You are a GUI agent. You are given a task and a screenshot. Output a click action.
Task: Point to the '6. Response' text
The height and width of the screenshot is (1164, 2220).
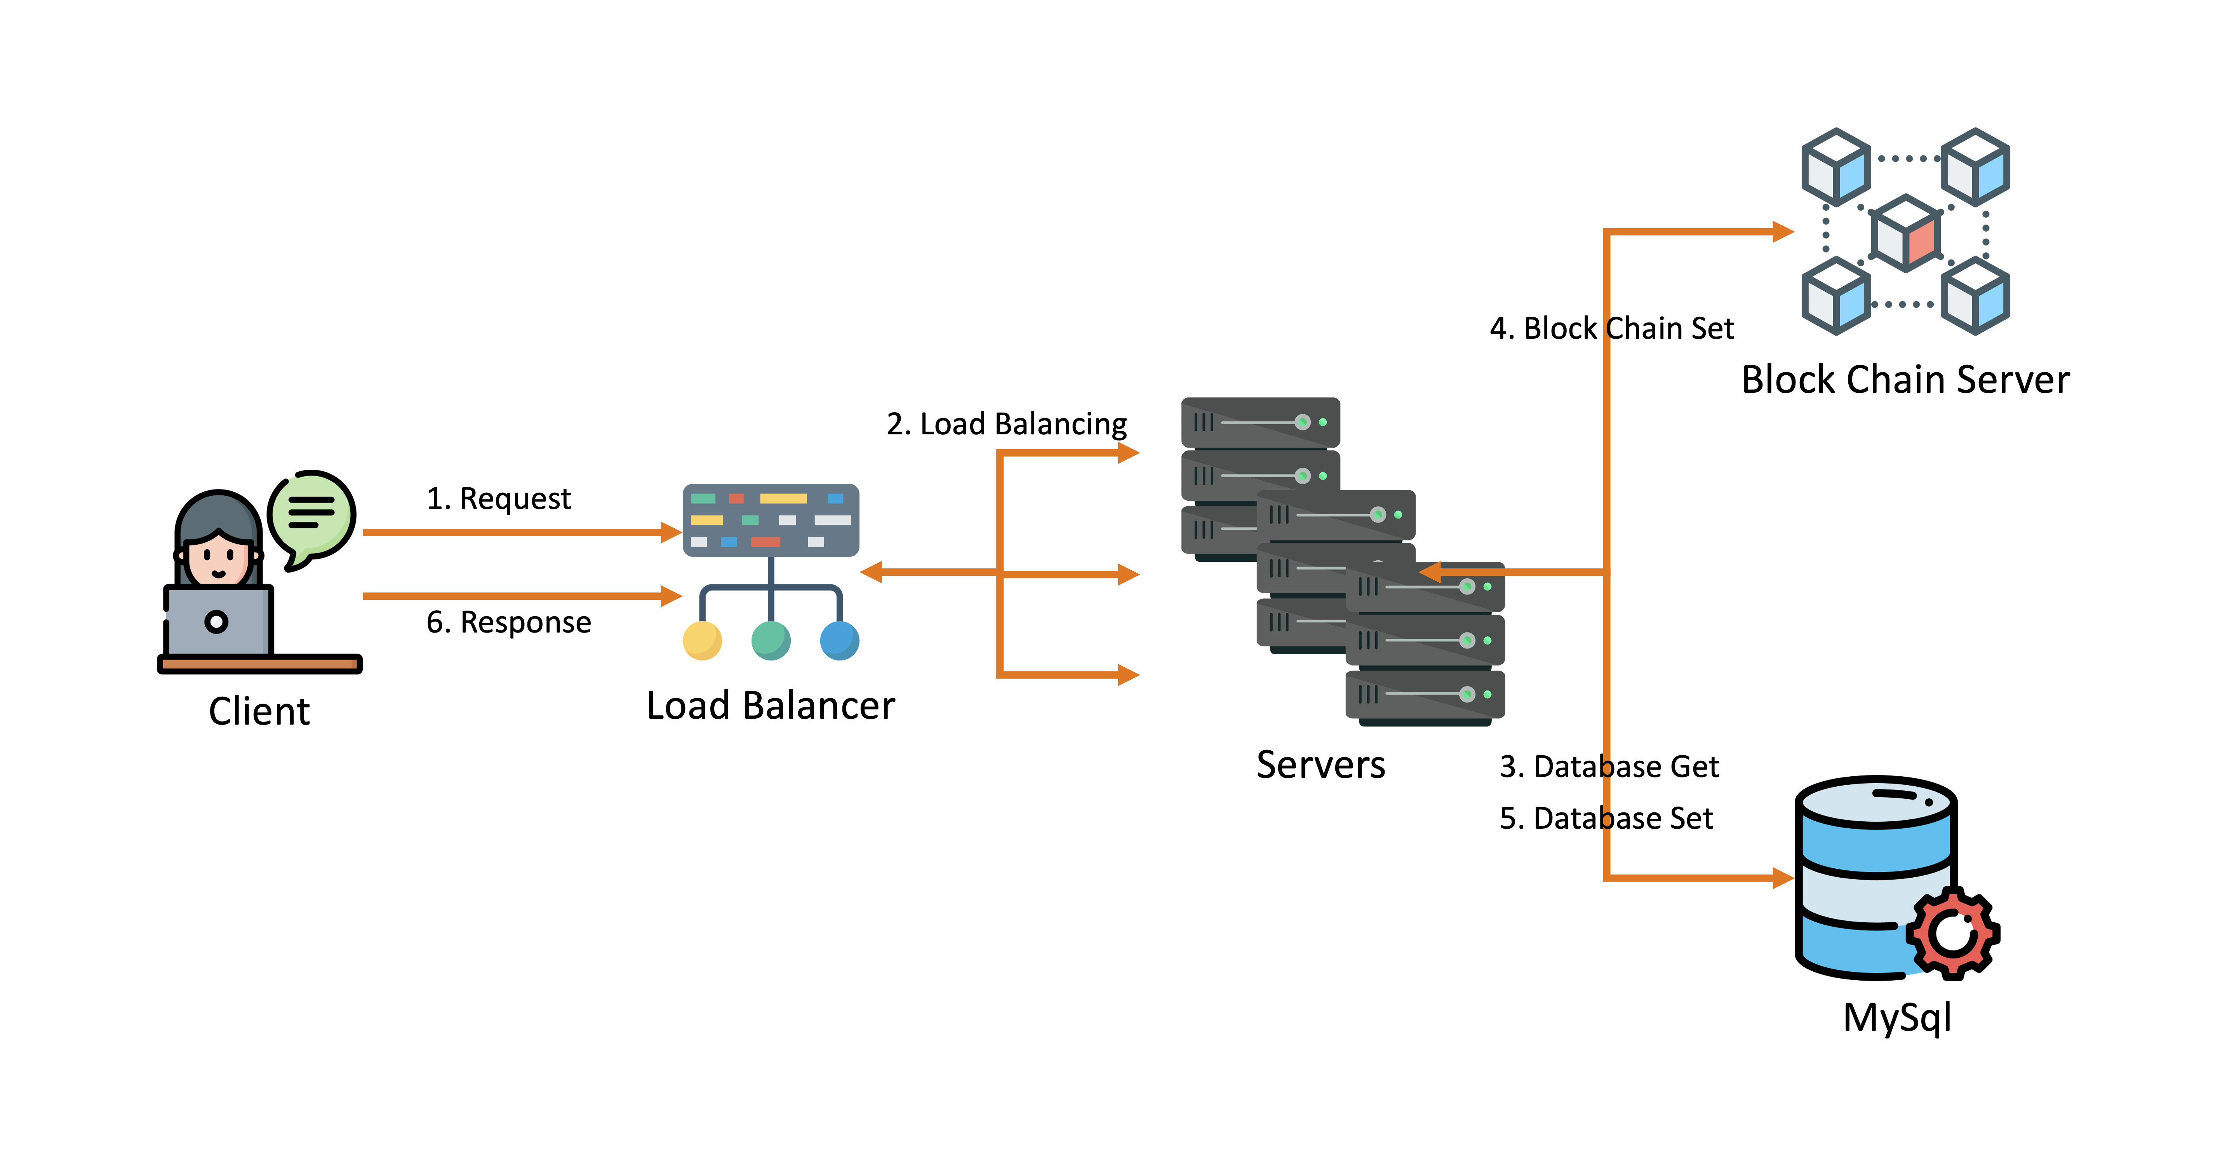pyautogui.click(x=508, y=622)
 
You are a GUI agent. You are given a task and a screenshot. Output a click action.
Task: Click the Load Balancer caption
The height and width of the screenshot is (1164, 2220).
pyautogui.click(x=771, y=705)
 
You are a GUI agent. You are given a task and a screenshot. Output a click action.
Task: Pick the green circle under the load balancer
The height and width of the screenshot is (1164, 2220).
pyautogui.click(x=771, y=641)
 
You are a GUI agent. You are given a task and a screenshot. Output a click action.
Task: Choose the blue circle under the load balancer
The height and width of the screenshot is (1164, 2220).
pyautogui.click(x=839, y=641)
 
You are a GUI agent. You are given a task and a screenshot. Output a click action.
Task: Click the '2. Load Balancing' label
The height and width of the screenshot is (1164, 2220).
pyautogui.click(x=1007, y=424)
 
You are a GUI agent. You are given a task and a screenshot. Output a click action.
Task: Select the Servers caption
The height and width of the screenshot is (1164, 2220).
pyautogui.click(x=1320, y=765)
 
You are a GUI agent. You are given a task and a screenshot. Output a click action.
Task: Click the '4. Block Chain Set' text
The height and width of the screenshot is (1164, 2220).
pyautogui.click(x=1611, y=329)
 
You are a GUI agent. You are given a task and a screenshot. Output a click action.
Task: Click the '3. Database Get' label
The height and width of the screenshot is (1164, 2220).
pyautogui.click(x=1609, y=767)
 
